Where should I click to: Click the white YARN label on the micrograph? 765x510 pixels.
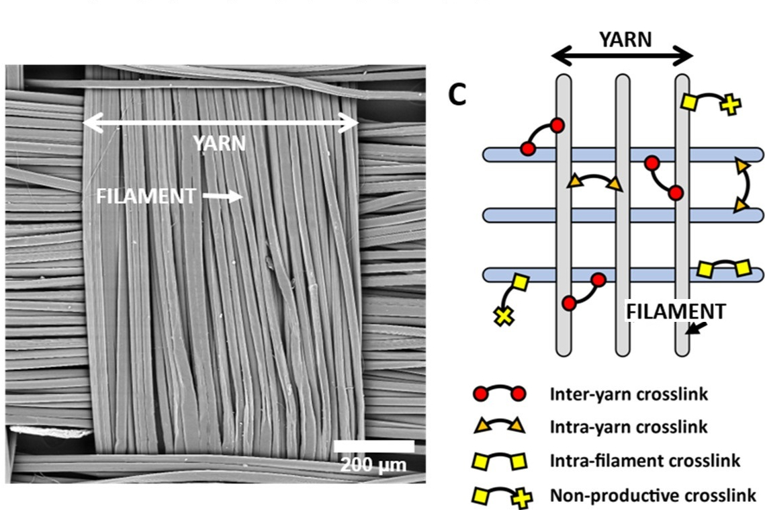pos(219,143)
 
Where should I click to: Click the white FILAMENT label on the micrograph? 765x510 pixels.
pos(146,196)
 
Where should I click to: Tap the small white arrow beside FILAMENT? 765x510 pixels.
pos(222,196)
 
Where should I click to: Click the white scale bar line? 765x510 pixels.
pos(373,446)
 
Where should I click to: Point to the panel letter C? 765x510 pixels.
pos(457,97)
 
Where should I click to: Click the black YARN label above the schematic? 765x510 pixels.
pos(625,40)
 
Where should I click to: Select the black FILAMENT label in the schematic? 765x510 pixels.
pos(676,311)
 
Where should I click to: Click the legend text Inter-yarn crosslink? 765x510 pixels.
pos(629,394)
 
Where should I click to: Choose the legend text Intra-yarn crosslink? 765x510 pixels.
pos(629,427)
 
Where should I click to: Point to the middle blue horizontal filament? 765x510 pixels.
pos(623,215)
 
